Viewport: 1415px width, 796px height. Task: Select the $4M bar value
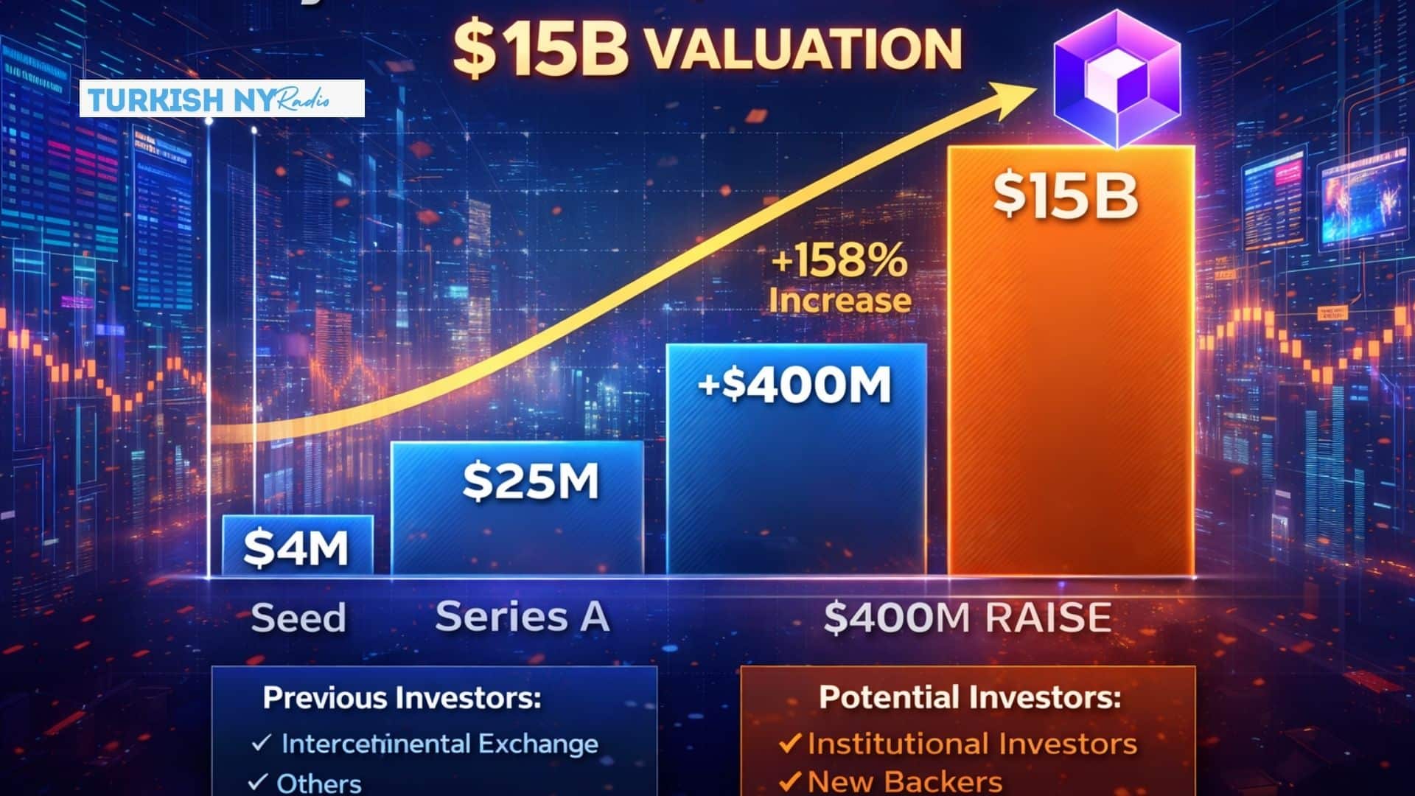(x=296, y=548)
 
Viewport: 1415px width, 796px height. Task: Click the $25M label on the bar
(x=531, y=481)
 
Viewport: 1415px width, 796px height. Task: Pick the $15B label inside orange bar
(x=1066, y=195)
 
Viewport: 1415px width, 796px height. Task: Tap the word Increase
(x=840, y=301)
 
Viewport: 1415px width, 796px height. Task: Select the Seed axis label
(x=298, y=618)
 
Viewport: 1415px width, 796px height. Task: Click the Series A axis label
(x=523, y=616)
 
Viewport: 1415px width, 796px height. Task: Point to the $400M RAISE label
(x=968, y=617)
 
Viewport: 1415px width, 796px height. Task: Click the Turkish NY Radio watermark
(x=222, y=99)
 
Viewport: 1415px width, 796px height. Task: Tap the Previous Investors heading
(x=402, y=697)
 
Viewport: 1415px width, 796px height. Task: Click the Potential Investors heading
(x=970, y=697)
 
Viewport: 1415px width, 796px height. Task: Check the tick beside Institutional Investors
(x=789, y=742)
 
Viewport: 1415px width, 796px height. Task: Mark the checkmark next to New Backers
(x=789, y=780)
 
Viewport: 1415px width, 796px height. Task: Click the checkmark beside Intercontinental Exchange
(x=261, y=742)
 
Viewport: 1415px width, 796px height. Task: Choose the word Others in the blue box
(x=318, y=783)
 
